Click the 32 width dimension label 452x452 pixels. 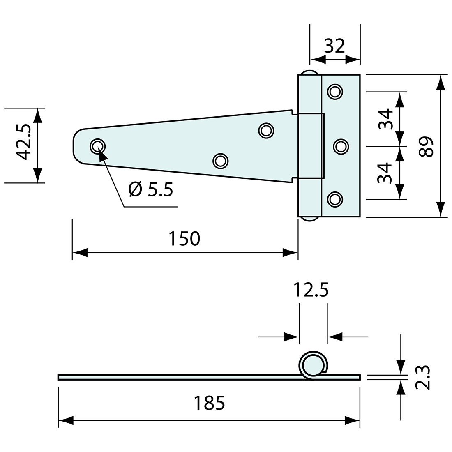[x=334, y=46]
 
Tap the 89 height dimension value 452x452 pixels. [x=427, y=146]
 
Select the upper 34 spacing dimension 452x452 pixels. [x=385, y=119]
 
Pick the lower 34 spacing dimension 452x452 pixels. [x=385, y=173]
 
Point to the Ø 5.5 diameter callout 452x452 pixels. [x=151, y=189]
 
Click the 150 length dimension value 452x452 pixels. [x=184, y=238]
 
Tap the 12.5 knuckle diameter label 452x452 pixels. [x=311, y=290]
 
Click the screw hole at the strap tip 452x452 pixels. [x=98, y=146]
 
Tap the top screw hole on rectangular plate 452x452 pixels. [x=335, y=91]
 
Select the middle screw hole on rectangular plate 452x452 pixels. [x=341, y=146]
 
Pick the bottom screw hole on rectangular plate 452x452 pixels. [x=335, y=199]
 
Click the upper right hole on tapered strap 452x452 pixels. [x=266, y=130]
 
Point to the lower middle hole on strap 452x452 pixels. [x=220, y=161]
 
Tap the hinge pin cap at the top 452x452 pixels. [x=309, y=73]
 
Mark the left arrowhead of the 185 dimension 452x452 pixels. [x=66, y=420]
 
